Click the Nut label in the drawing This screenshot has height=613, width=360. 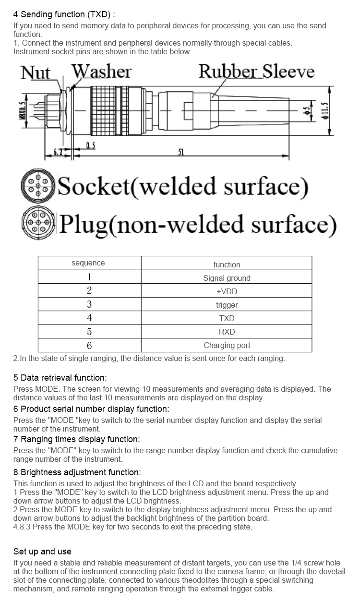pyautogui.click(x=35, y=73)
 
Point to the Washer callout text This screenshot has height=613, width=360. pyautogui.click(x=101, y=72)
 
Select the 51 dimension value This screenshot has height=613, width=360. pyautogui.click(x=181, y=152)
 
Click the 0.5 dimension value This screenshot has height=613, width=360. pyautogui.click(x=90, y=145)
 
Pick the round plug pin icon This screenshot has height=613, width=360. pyautogui.click(x=38, y=223)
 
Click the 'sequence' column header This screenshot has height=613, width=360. pyautogui.click(x=88, y=263)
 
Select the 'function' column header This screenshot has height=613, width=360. pyautogui.click(x=227, y=264)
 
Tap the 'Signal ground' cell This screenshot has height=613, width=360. pyautogui.click(x=227, y=278)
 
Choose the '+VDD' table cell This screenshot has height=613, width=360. pyautogui.click(x=227, y=291)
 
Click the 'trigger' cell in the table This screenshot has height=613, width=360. pyautogui.click(x=227, y=305)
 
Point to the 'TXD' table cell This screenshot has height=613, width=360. pyautogui.click(x=227, y=318)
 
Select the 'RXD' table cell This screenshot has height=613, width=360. pyautogui.click(x=227, y=332)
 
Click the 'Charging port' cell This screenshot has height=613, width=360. pyautogui.click(x=227, y=345)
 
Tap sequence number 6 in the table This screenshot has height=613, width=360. pyautogui.click(x=89, y=346)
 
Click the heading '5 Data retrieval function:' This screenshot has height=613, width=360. pyautogui.click(x=60, y=378)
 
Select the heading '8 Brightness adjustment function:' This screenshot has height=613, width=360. pyautogui.click(x=77, y=472)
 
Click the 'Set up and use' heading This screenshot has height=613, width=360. pyautogui.click(x=42, y=551)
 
